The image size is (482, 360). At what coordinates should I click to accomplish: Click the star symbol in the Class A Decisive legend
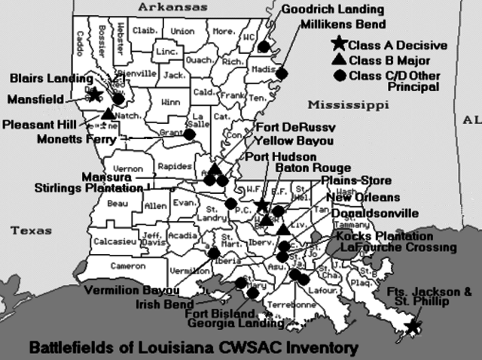(339, 45)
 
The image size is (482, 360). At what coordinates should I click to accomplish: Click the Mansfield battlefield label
(35, 98)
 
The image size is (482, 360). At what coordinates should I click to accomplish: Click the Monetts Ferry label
(78, 138)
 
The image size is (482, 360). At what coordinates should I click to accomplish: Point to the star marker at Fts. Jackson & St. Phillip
(412, 325)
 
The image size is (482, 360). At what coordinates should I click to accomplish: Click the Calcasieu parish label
(114, 241)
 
